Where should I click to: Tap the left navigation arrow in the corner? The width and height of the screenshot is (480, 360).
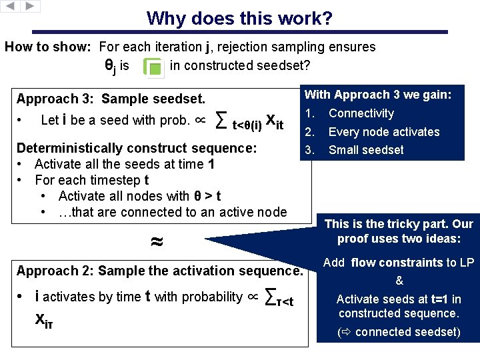[10, 6]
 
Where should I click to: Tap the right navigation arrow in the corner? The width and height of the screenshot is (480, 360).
[31, 6]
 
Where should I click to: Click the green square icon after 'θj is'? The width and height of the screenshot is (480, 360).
[155, 68]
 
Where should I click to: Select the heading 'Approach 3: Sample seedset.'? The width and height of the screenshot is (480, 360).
[111, 99]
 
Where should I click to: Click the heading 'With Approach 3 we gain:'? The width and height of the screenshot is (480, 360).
[378, 95]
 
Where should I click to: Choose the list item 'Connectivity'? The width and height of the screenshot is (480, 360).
[361, 113]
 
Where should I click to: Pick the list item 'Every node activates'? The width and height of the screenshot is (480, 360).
[384, 132]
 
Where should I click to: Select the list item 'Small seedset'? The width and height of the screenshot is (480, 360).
[366, 150]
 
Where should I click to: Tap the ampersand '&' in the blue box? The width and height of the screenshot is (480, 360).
[399, 281]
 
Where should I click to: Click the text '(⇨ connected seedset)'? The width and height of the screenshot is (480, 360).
[399, 332]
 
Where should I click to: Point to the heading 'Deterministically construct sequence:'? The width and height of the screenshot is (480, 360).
[137, 148]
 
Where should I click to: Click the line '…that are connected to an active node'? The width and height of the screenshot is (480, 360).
[172, 212]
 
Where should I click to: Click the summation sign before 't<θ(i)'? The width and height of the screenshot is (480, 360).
[222, 121]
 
